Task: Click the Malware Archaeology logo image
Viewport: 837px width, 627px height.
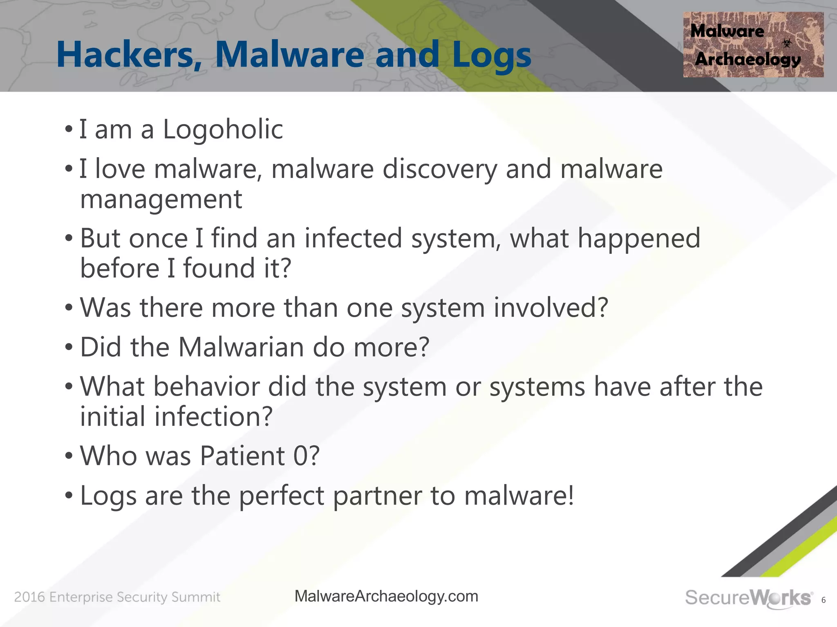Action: [753, 44]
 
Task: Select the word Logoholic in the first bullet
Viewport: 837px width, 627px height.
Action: [223, 130]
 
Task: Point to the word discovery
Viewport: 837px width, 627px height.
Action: [439, 169]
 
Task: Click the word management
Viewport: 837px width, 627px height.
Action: [161, 200]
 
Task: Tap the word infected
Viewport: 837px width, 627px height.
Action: [353, 238]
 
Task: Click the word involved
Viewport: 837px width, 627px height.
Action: [551, 307]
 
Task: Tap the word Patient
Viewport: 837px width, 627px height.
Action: [242, 456]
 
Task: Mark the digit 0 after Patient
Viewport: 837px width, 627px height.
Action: [301, 456]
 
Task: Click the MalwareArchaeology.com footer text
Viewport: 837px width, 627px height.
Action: [386, 596]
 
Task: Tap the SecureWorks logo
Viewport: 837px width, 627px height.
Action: [748, 598]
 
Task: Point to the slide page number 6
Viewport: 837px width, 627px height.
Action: [823, 600]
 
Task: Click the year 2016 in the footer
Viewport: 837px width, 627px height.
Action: [29, 597]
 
